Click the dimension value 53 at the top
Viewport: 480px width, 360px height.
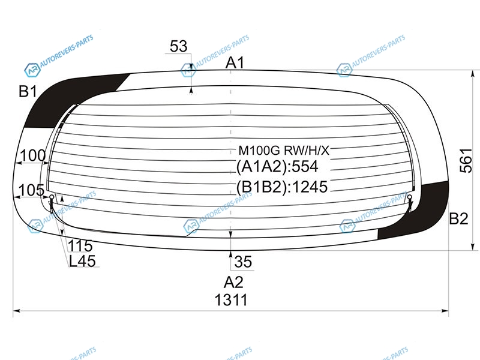tap(178, 46)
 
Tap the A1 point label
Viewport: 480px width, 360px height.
tap(235, 63)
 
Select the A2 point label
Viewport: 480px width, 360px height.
tap(233, 282)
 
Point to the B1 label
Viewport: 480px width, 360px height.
tap(28, 91)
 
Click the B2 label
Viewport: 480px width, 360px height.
tap(458, 218)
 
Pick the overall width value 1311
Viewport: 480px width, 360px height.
tap(231, 299)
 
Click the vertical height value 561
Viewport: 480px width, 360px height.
tap(466, 160)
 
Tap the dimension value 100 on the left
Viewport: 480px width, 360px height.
tap(33, 155)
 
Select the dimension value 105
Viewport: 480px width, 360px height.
tap(32, 190)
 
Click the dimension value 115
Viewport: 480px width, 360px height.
tap(80, 245)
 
